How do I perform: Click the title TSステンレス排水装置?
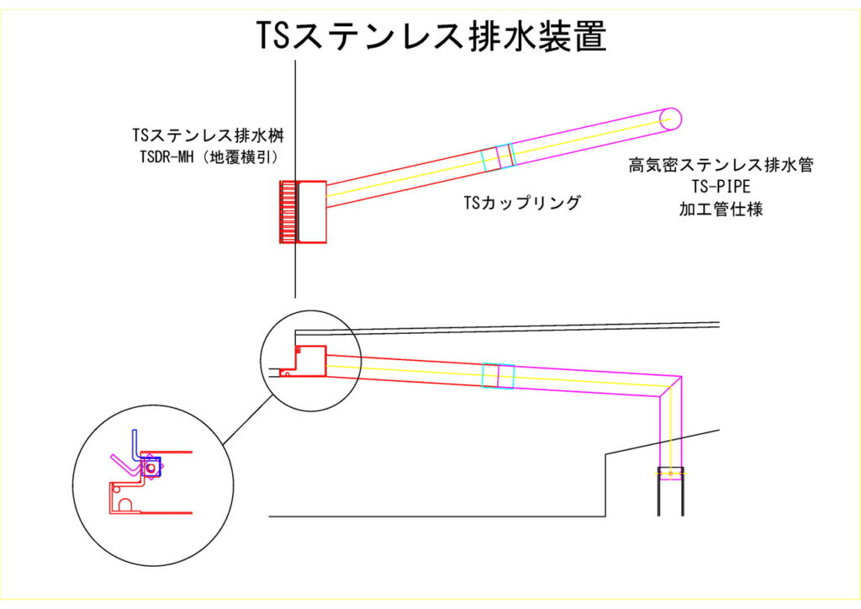(x=430, y=35)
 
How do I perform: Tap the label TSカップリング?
(x=521, y=203)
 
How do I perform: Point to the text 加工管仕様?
(x=721, y=209)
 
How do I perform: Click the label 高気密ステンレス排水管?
(x=721, y=166)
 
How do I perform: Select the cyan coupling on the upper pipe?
(x=497, y=157)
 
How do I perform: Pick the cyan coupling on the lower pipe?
(x=498, y=375)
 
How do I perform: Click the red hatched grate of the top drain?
(x=289, y=211)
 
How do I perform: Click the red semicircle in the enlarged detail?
(x=125, y=505)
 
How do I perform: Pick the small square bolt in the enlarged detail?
(x=151, y=467)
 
